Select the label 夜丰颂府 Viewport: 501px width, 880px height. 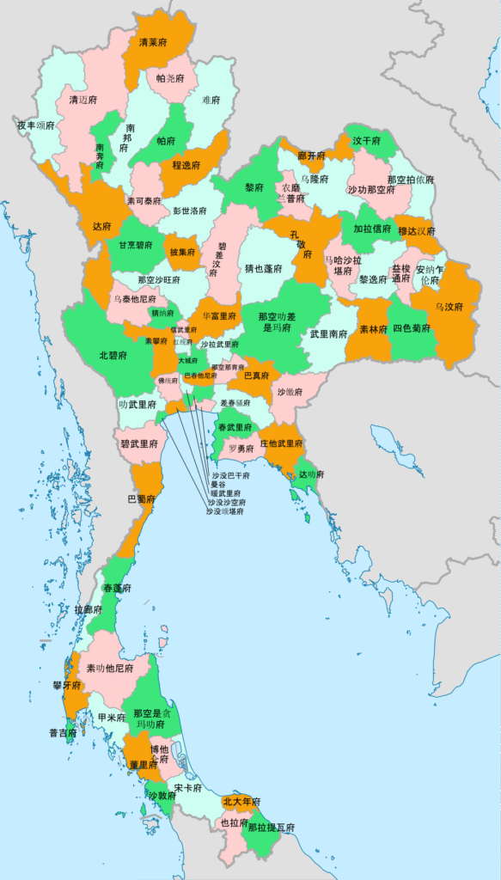point(36,125)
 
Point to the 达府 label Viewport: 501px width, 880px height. point(101,228)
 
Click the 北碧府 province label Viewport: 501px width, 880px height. point(113,355)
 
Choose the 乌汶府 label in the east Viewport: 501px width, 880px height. point(449,307)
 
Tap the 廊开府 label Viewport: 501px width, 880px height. point(312,156)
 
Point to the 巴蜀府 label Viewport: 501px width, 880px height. point(142,498)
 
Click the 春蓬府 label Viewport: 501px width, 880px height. point(117,589)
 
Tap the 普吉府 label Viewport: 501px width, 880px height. point(63,733)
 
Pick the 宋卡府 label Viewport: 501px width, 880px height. point(188,788)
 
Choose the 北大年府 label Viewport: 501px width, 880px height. point(240,802)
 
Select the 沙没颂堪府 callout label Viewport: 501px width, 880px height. point(224,511)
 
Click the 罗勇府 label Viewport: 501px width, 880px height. point(241,449)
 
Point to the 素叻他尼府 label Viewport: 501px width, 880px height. point(110,668)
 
